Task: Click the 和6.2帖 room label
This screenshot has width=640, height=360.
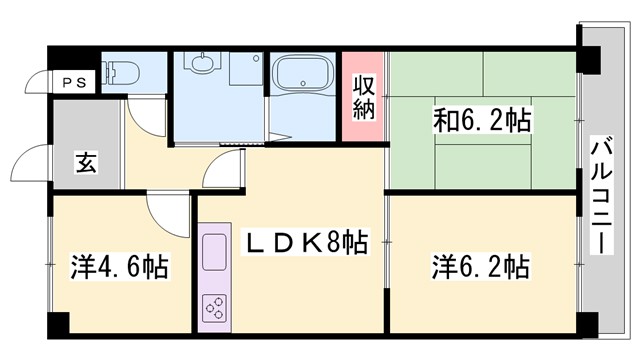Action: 482,122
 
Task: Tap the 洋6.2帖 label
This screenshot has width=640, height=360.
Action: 481,267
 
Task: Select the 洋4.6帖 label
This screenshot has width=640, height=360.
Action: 119,268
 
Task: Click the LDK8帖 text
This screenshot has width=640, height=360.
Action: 306,241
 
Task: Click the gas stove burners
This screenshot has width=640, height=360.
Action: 215,308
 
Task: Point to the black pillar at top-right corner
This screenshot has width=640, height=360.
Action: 588,60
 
